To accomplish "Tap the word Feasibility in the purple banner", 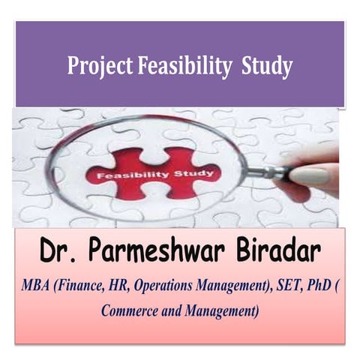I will [184, 67].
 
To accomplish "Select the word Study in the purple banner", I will [266, 67].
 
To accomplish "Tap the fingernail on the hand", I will [308, 176].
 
